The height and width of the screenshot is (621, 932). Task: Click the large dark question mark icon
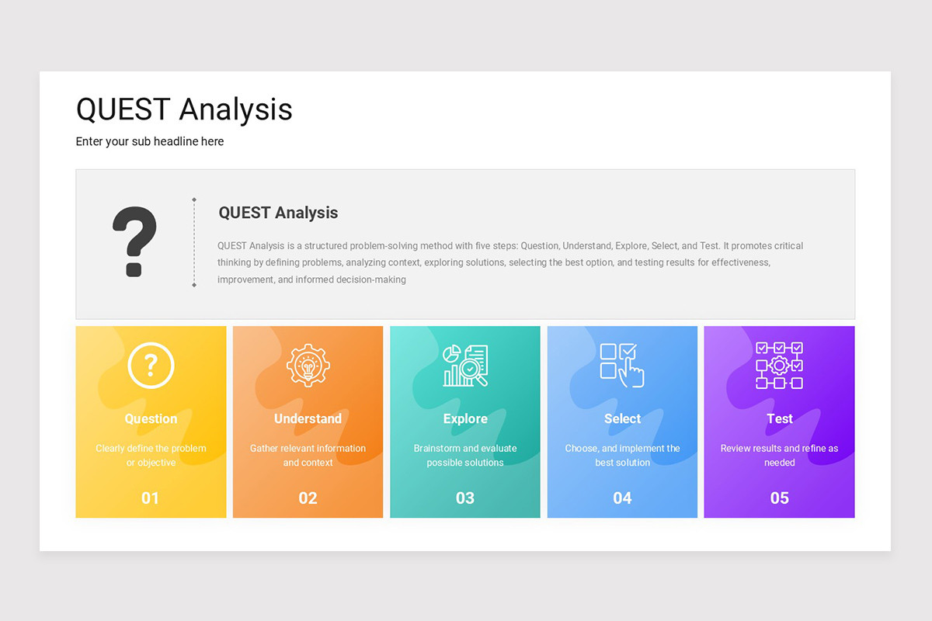point(134,241)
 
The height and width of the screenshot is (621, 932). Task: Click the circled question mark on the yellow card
point(151,365)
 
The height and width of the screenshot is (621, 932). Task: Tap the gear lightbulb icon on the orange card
point(308,365)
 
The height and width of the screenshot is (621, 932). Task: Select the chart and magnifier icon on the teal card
point(465,366)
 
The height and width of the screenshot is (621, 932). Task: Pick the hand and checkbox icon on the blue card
point(622,365)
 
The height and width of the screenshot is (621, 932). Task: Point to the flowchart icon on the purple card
point(779,365)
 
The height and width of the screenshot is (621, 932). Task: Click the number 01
point(150,498)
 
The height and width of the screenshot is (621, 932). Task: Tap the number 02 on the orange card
point(308,498)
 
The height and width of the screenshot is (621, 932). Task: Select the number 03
point(464,498)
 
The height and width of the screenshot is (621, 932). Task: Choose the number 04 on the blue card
point(622,498)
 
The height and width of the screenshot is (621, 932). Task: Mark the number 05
point(779,498)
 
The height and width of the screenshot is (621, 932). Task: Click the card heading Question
point(151,418)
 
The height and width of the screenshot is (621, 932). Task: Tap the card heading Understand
point(308,418)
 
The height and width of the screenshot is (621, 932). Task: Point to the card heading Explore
point(465,418)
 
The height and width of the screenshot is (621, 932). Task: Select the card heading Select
point(622,418)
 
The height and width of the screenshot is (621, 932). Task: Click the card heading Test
point(779,418)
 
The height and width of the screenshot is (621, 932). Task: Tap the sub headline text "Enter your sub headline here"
point(150,141)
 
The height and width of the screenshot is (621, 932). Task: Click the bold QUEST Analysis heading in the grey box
point(278,213)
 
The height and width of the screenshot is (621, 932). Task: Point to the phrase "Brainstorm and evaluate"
point(465,448)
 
